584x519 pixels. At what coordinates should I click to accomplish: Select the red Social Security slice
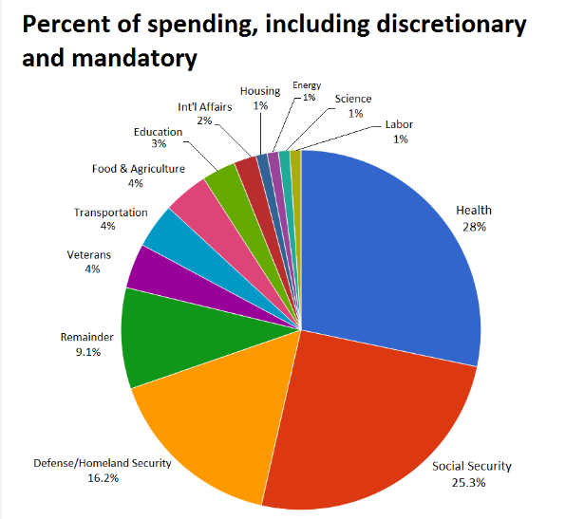370,417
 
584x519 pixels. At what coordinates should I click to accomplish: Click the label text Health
474,211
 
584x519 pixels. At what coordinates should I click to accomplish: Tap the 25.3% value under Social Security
473,482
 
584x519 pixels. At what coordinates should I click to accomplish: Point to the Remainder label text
87,336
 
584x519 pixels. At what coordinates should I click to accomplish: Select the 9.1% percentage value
87,351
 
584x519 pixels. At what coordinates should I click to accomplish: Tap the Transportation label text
110,213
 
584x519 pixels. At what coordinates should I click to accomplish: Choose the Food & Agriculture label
139,169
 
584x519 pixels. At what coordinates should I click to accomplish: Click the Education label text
158,131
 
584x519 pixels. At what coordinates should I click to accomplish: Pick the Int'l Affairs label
204,107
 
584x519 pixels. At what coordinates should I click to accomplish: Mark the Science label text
353,99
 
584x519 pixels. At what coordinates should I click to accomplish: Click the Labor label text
399,124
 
